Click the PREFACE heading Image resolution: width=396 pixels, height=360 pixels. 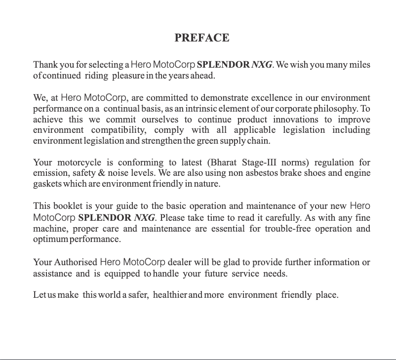click(201, 38)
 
